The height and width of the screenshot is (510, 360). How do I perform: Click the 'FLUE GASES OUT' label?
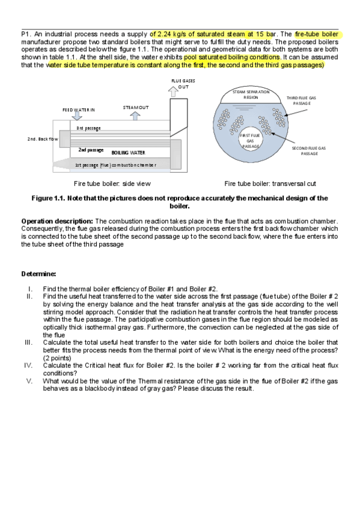183,84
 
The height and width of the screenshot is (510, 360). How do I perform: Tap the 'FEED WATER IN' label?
78,110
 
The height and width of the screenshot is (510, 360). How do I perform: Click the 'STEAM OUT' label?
136,107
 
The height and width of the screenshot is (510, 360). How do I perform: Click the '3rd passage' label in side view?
88,128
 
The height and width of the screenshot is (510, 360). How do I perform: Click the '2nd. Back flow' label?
42,139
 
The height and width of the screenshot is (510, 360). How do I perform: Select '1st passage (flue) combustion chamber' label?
115,165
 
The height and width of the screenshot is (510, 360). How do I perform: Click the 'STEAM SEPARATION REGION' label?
251,94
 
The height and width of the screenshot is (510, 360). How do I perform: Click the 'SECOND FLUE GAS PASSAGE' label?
309,150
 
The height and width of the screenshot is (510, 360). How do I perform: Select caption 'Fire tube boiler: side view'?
112,183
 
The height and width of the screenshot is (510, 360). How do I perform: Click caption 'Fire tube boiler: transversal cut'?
270,183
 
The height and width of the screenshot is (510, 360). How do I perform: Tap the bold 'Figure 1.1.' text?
48,198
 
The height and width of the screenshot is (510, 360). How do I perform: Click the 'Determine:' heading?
38,274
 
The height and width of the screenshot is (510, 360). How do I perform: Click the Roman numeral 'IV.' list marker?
28,365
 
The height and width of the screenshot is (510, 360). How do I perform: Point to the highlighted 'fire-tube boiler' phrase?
317,34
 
